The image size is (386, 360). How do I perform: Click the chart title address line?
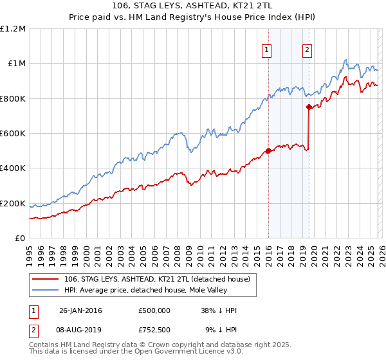click(x=192, y=6)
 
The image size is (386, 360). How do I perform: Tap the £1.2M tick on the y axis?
click(x=12, y=29)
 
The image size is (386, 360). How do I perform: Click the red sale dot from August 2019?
click(x=309, y=107)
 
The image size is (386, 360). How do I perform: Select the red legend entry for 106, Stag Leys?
click(x=161, y=279)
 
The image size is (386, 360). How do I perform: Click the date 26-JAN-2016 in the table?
click(x=80, y=310)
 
